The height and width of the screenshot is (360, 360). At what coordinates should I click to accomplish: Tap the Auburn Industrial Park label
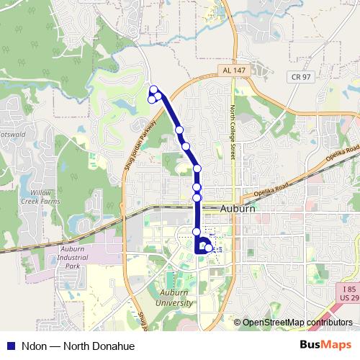(x=68, y=257)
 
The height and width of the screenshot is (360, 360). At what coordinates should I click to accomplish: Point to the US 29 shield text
(x=347, y=297)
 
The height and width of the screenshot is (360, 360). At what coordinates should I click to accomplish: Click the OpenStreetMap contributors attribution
(x=297, y=322)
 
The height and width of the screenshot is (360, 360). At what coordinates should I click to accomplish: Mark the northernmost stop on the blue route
(x=153, y=89)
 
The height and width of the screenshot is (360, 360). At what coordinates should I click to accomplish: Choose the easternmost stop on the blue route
(x=209, y=248)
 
